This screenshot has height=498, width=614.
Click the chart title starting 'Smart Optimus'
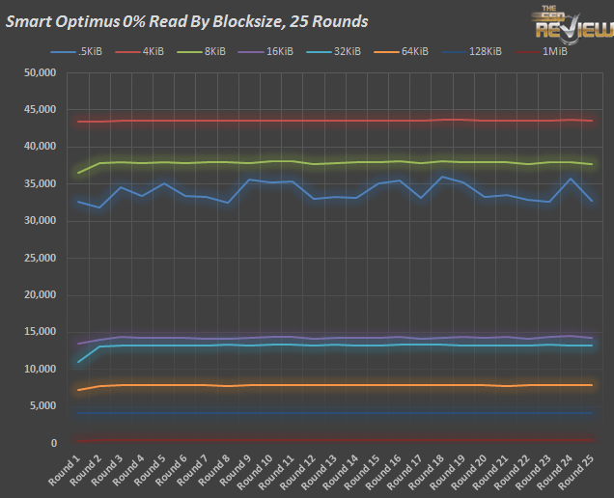click(186, 20)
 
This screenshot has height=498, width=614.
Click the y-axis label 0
click(54, 443)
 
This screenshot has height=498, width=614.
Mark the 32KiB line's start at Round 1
click(78, 362)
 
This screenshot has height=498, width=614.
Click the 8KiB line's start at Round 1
click(78, 173)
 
